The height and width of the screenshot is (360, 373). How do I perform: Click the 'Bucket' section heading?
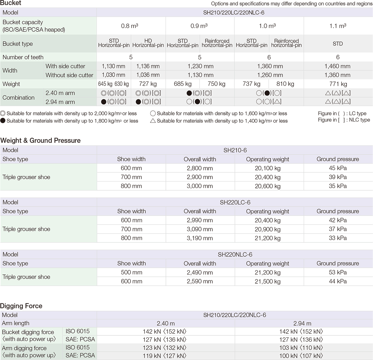click(x=11, y=3)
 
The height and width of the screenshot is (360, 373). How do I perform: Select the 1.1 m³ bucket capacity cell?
click(x=338, y=26)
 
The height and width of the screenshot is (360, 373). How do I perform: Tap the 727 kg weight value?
click(x=148, y=84)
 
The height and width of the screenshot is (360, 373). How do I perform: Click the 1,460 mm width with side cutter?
click(x=337, y=66)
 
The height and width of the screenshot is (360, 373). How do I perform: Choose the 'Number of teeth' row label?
click(x=23, y=57)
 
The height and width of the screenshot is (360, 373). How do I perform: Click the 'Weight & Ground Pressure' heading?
click(x=41, y=141)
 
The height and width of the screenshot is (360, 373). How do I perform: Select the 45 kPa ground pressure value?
click(x=338, y=168)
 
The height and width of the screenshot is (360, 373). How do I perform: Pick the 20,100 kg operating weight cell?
click(x=268, y=168)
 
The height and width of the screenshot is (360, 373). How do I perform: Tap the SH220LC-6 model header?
click(x=235, y=202)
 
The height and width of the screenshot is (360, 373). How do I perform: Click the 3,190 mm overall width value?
click(x=200, y=238)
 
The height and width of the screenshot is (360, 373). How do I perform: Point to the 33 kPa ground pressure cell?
click(x=338, y=238)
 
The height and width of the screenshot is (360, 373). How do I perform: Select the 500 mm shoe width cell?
click(x=131, y=272)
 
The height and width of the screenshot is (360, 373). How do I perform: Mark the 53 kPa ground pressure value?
click(x=338, y=272)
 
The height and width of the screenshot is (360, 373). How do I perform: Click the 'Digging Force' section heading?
click(x=21, y=306)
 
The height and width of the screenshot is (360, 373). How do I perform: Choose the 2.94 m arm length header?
click(x=302, y=323)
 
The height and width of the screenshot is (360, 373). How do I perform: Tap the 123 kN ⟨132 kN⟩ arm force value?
click(x=164, y=348)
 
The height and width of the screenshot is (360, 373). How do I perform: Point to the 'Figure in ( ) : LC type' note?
click(x=342, y=114)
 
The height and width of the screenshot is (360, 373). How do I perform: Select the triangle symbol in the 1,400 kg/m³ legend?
click(x=153, y=121)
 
